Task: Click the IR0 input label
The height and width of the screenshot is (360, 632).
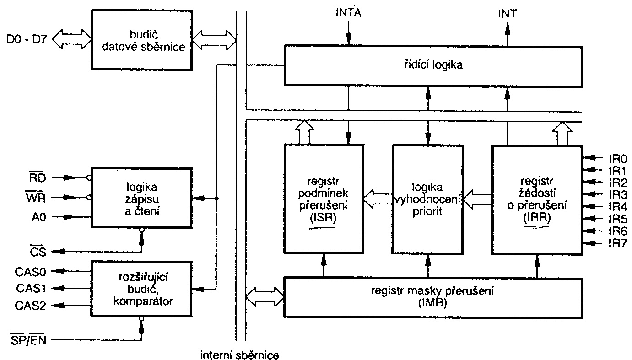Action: click(x=617, y=159)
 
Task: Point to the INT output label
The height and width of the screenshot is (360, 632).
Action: click(x=507, y=13)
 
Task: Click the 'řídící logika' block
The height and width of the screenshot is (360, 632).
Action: click(x=433, y=64)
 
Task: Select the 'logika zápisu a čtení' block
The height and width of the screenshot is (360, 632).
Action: click(x=141, y=199)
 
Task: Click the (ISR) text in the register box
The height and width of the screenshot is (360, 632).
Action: click(x=324, y=219)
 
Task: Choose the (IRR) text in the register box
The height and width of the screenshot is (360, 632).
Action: click(x=537, y=219)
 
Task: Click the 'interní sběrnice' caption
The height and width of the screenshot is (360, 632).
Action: click(x=239, y=354)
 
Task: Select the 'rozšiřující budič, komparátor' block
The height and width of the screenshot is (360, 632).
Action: click(x=141, y=288)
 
